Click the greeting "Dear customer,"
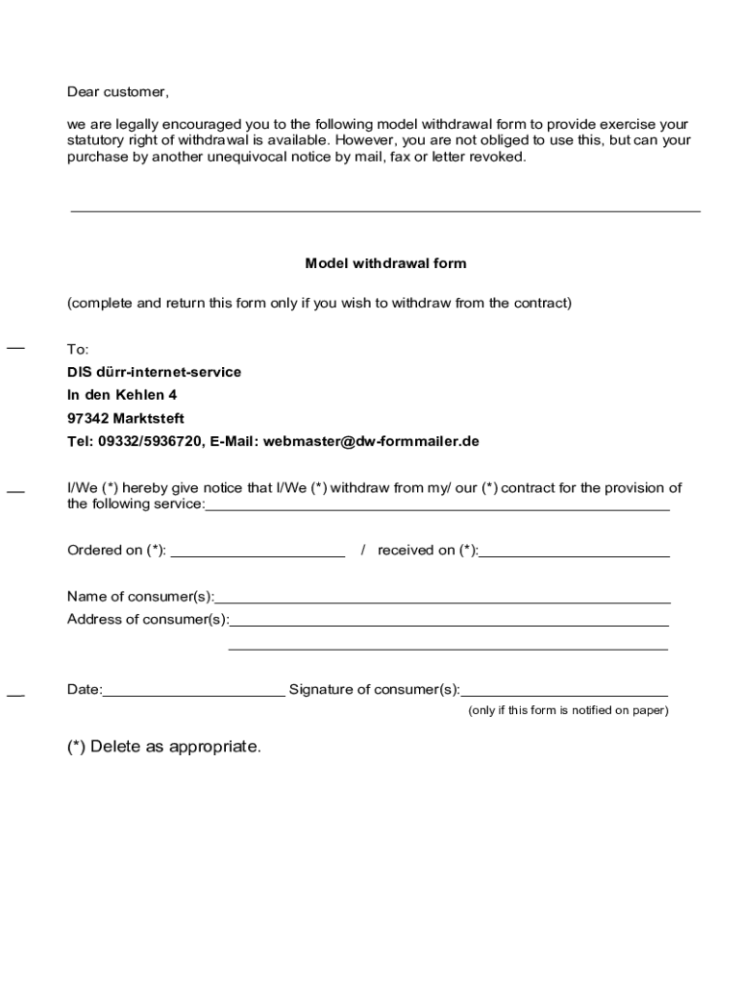(117, 92)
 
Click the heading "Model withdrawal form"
(385, 263)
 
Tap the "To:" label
(78, 349)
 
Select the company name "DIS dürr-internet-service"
(154, 372)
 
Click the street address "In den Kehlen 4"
(122, 395)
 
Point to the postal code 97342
(87, 419)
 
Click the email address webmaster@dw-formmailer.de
(371, 442)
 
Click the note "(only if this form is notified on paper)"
(568, 711)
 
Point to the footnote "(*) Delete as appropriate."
(163, 747)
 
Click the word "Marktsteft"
(149, 419)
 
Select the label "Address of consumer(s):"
(148, 620)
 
